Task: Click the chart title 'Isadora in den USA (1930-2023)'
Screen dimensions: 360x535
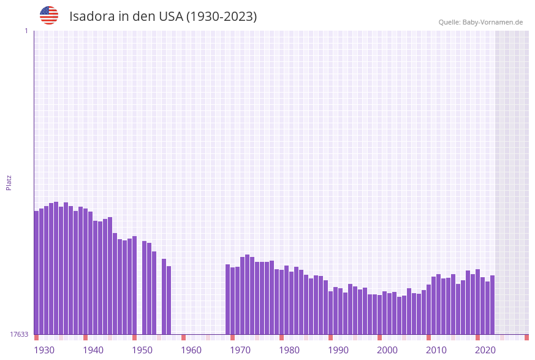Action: pyautogui.click(x=163, y=17)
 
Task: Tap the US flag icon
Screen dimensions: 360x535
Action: pyautogui.click(x=49, y=15)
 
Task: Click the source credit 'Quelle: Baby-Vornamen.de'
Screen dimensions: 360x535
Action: pyautogui.click(x=480, y=22)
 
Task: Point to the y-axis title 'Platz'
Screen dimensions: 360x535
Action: pyautogui.click(x=9, y=182)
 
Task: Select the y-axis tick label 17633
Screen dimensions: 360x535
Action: pyautogui.click(x=19, y=334)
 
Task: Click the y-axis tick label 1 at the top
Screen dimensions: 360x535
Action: pyautogui.click(x=26, y=31)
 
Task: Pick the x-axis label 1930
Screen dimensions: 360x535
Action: pyautogui.click(x=44, y=350)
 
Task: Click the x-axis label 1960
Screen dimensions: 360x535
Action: pyautogui.click(x=191, y=350)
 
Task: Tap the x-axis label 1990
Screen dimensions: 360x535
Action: pyautogui.click(x=338, y=350)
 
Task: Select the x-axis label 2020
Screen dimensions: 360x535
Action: pyautogui.click(x=485, y=350)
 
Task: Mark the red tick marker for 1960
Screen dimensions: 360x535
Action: pyautogui.click(x=183, y=337)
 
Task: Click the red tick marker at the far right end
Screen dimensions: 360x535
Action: pyautogui.click(x=526, y=337)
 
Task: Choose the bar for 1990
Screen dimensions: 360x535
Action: pyautogui.click(x=330, y=313)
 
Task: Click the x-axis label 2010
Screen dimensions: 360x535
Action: pyautogui.click(x=436, y=350)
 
